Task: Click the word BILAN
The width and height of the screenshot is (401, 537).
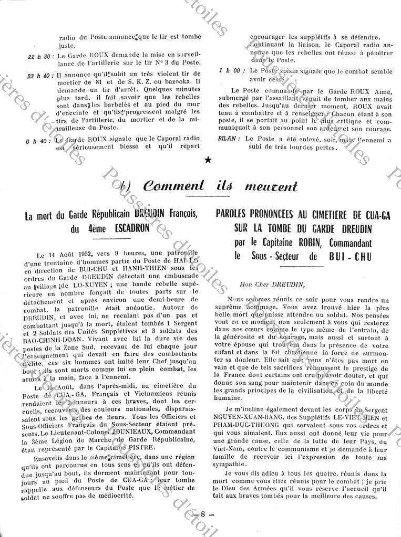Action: tap(230, 139)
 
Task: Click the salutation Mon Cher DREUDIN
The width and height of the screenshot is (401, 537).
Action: tap(271, 285)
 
